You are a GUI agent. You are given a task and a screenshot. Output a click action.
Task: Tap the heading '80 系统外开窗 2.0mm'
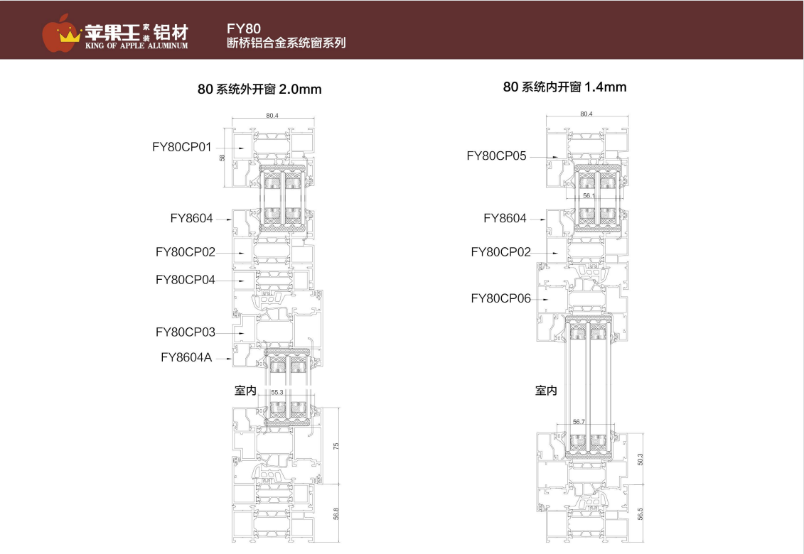click(259, 89)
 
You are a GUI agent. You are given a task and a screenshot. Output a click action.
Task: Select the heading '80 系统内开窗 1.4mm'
click(564, 87)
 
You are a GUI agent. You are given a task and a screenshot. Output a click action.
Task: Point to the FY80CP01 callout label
click(182, 147)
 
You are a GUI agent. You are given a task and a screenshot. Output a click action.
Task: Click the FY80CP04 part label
click(185, 280)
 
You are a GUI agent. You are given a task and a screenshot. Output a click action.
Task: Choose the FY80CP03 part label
click(185, 332)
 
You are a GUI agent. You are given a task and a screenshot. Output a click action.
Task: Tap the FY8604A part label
click(186, 357)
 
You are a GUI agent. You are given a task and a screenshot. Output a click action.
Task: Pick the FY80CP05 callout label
click(496, 156)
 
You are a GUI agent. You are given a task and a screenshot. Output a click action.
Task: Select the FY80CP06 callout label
click(500, 299)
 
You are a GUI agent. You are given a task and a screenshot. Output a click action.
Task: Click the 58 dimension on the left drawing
click(223, 158)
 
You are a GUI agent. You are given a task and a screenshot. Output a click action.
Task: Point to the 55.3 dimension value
click(277, 392)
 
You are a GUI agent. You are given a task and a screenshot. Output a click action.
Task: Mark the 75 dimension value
click(336, 445)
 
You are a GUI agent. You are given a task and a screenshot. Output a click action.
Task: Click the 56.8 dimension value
click(336, 513)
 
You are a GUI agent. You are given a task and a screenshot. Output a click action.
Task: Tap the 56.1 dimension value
click(588, 195)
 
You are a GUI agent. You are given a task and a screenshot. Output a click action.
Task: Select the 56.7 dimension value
click(579, 422)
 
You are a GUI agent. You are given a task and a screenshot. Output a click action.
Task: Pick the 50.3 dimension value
click(640, 459)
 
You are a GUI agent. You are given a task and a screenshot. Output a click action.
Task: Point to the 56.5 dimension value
click(640, 514)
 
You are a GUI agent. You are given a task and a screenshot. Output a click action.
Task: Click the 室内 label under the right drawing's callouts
click(546, 391)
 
